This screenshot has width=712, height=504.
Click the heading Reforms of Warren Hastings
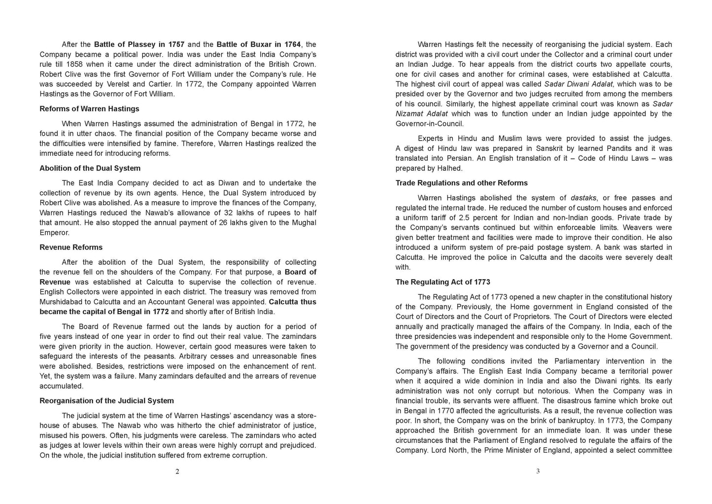(89, 108)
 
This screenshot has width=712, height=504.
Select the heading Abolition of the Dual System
(90, 168)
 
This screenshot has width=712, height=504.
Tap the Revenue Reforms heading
(71, 247)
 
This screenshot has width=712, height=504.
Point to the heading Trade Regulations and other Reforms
(462, 183)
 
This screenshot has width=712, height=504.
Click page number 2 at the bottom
(177, 471)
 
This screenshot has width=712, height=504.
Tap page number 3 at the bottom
(538, 471)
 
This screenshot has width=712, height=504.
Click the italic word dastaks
(583, 198)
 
